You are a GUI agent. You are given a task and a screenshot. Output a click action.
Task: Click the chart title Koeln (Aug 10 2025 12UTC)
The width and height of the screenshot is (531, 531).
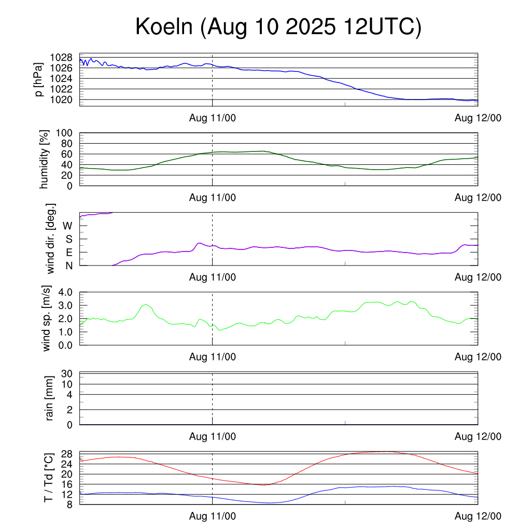click(278, 27)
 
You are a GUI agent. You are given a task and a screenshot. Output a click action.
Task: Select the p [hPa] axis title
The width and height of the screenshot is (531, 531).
click(38, 79)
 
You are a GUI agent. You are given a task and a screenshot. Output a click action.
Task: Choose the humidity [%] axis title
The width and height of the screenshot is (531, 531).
click(45, 159)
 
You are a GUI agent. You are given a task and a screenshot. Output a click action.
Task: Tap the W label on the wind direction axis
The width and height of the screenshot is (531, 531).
click(68, 226)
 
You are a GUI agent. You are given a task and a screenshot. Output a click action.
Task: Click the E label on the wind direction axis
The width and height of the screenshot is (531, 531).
click(69, 253)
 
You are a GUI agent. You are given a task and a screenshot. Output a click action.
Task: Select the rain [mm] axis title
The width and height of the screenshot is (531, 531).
click(50, 399)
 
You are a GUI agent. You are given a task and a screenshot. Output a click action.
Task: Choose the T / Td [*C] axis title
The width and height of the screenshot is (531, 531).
click(48, 477)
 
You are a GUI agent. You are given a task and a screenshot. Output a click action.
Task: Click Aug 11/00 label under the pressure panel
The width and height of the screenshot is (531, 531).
click(213, 118)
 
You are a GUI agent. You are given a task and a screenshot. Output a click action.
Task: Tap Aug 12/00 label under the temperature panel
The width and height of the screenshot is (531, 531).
click(478, 516)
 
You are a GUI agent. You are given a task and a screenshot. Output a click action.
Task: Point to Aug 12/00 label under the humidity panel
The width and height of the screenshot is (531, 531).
click(478, 198)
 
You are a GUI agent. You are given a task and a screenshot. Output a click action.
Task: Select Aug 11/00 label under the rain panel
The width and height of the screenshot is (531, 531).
click(213, 437)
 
